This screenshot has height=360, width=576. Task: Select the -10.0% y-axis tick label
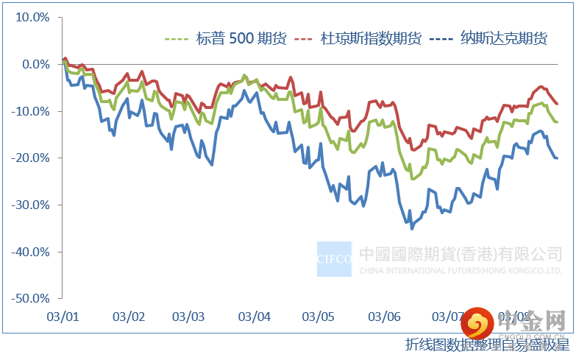coord(31,111)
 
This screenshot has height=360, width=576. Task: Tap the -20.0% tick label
coord(31,158)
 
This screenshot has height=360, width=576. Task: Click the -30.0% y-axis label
coord(31,205)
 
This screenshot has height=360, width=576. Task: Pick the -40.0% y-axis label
coord(31,252)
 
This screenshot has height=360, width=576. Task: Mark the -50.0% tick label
coord(31,299)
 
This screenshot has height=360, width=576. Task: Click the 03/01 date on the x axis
coord(63,317)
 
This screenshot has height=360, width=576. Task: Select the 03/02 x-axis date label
coord(129,317)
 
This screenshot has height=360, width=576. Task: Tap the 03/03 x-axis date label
coord(189,317)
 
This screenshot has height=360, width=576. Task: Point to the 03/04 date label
coord(255,317)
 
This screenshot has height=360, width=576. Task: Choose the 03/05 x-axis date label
coord(319,317)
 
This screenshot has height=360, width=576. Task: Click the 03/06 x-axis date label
coord(384,317)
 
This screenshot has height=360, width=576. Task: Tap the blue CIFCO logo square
coord(334,259)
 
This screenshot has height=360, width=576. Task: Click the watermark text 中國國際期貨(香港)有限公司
coord(461,255)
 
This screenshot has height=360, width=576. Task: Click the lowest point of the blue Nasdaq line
coord(412,228)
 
